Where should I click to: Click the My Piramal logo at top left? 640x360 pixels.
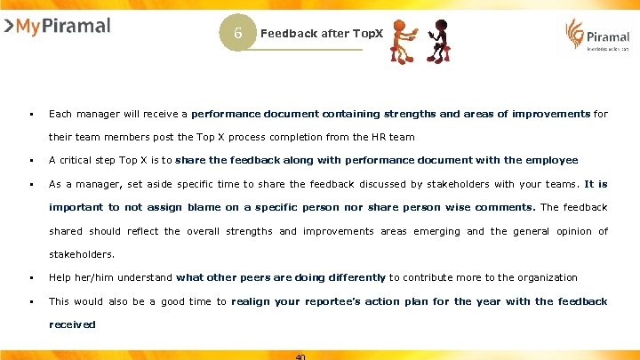[x=58, y=26]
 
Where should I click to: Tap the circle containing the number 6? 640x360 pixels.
[x=238, y=33]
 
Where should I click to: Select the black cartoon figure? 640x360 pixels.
[x=441, y=41]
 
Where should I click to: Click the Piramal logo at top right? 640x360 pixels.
[x=598, y=36]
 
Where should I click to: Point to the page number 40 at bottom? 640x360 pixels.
[x=300, y=356]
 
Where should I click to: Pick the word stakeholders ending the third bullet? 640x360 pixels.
[x=81, y=253]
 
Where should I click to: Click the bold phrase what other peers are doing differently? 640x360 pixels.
[x=281, y=277]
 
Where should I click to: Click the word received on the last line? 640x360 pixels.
[x=72, y=324]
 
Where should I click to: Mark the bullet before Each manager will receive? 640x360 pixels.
[x=30, y=114]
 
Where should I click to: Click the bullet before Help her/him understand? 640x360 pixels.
[x=30, y=277]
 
